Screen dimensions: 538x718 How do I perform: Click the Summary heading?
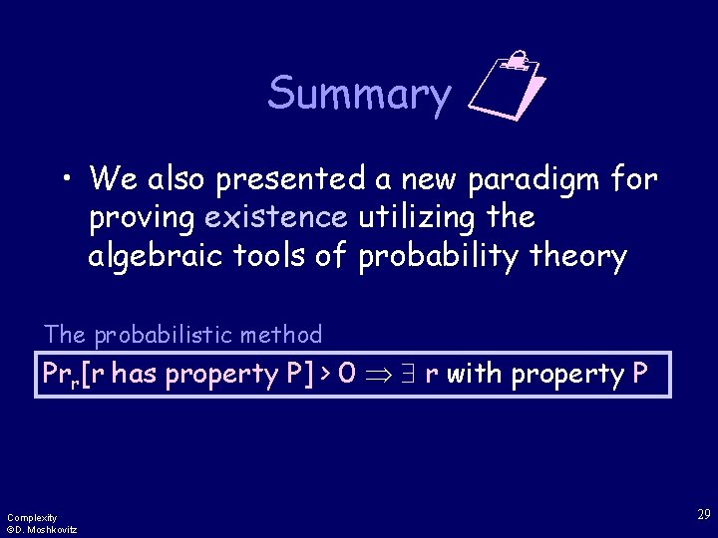click(x=359, y=95)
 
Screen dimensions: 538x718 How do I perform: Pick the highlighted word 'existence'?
click(x=276, y=218)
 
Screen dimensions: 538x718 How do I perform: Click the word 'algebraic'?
click(x=157, y=257)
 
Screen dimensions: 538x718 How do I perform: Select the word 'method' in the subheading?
click(x=287, y=335)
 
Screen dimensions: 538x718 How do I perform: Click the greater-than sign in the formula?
click(x=326, y=375)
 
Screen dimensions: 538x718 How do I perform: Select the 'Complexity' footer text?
click(x=32, y=517)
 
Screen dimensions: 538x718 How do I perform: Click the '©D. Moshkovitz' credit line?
click(x=42, y=529)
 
